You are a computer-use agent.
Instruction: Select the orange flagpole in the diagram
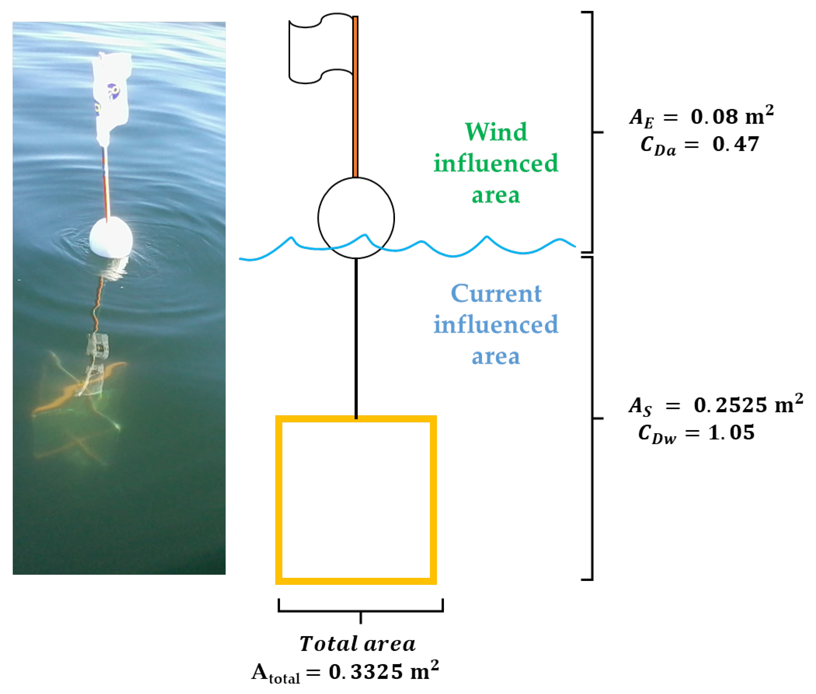tap(355, 98)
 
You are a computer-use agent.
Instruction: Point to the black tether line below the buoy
tap(356, 338)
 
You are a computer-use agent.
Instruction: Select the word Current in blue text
tap(496, 293)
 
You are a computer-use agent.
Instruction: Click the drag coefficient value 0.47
tap(735, 144)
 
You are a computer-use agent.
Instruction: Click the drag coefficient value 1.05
tap(731, 432)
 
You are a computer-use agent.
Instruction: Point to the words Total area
tap(357, 643)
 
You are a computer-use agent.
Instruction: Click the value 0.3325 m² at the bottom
tap(383, 671)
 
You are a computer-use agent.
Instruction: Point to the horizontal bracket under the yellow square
tap(360, 610)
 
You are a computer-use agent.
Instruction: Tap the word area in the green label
tap(496, 195)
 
